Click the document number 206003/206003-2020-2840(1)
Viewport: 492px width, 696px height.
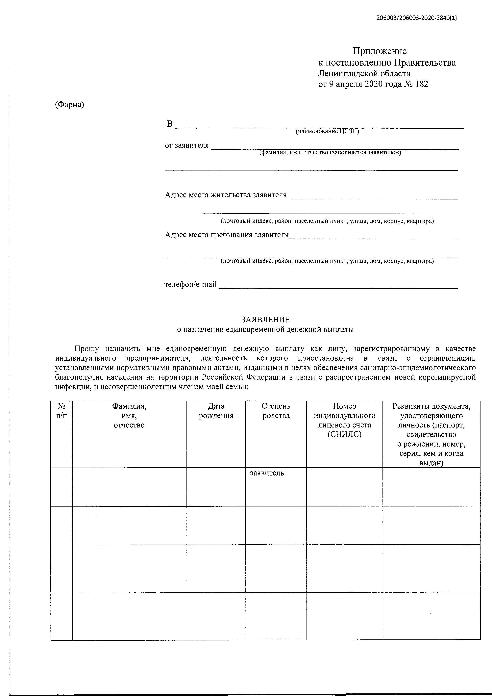(417, 18)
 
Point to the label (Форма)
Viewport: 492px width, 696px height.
(69, 105)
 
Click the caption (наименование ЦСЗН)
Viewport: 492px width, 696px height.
(327, 131)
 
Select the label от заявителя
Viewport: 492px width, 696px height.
(187, 145)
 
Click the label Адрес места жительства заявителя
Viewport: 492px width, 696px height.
(226, 195)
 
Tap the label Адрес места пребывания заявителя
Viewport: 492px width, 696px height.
(227, 235)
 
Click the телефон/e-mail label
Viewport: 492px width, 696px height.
(191, 285)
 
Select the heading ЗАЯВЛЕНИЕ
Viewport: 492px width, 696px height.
(265, 320)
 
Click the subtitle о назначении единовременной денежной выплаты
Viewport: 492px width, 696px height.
(265, 329)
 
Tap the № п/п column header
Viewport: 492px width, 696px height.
(61, 411)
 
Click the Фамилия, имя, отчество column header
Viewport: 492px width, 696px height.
(129, 415)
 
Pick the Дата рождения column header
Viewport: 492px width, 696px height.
(216, 411)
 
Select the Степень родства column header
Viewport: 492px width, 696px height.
(276, 411)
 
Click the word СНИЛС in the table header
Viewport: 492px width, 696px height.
(344, 434)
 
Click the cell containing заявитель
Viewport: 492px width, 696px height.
(267, 473)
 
